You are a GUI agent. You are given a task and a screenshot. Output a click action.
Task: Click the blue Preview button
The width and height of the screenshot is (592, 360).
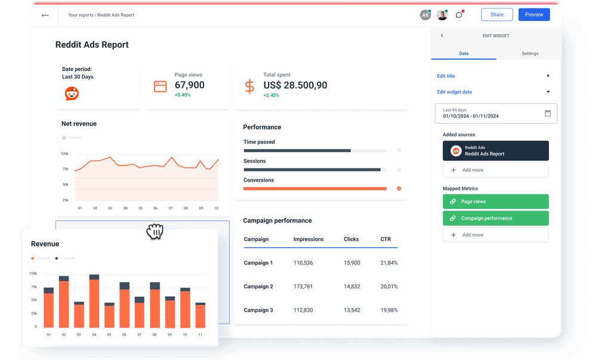point(534,15)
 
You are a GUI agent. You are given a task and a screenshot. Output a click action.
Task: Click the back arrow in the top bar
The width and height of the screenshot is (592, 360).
point(45,15)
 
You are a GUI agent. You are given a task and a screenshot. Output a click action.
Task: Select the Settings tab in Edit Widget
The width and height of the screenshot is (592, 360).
point(529,54)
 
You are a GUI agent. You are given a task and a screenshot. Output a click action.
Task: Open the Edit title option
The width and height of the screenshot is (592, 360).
point(446,76)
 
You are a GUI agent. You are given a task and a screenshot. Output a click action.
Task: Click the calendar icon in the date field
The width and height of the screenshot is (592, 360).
point(548,113)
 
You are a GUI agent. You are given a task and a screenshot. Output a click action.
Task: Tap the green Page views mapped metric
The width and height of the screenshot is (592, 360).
point(495,202)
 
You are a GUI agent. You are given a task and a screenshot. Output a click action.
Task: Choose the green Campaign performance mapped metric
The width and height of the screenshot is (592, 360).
point(495,219)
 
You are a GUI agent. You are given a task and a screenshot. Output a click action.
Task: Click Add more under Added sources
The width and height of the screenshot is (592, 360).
point(495,170)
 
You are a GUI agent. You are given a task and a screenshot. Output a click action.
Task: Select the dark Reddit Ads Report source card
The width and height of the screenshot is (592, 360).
point(495,151)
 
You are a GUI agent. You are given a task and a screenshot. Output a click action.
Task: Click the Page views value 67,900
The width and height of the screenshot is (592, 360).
point(189,85)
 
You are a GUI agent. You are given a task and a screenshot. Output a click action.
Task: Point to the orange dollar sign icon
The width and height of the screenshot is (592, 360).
point(249,86)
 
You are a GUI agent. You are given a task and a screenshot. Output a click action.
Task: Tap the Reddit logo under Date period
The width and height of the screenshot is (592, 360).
point(72,93)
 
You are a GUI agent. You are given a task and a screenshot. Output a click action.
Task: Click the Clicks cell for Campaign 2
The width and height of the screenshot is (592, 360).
point(351,287)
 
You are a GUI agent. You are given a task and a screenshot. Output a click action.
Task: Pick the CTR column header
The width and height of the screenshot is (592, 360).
point(386,239)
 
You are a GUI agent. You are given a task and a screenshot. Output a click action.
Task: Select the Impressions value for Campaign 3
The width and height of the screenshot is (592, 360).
point(303,310)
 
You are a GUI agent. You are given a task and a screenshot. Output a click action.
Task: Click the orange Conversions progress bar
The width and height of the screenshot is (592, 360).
point(315,189)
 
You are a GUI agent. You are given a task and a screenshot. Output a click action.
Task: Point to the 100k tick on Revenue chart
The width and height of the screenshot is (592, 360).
point(33,273)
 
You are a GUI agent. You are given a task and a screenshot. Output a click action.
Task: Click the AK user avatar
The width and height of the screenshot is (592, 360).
point(425,15)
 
